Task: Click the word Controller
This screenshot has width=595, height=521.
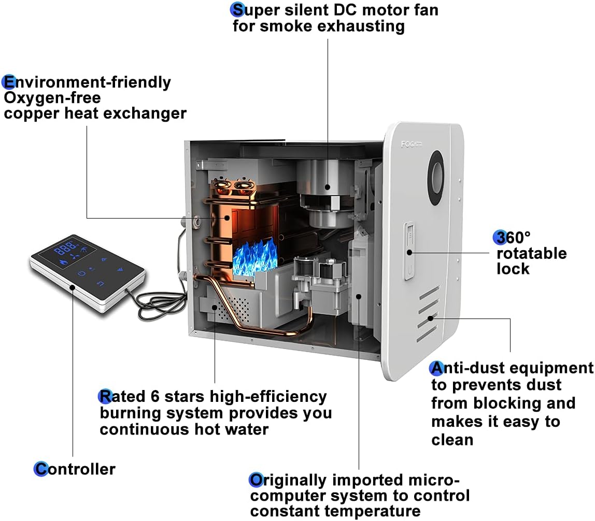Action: coord(75,469)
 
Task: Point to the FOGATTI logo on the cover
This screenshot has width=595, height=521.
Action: coord(412,144)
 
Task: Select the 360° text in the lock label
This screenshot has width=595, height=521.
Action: coord(513,238)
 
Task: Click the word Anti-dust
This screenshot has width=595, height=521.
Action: coord(467,368)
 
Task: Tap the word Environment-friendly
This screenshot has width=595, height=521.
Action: coord(87,82)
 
